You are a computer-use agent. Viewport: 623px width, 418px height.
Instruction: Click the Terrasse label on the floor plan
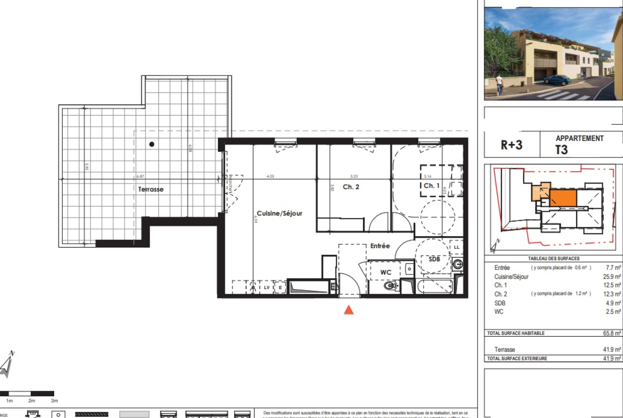(151, 189)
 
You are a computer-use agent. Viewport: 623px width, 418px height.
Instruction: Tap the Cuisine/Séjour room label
(279, 213)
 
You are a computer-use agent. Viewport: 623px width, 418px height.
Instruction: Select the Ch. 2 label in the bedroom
(351, 187)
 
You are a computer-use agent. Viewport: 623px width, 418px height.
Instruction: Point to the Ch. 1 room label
(431, 186)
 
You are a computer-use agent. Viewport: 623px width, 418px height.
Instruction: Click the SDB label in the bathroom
(434, 259)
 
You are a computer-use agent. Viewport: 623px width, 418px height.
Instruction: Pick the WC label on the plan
(385, 272)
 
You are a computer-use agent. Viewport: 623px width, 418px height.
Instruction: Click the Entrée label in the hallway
(380, 246)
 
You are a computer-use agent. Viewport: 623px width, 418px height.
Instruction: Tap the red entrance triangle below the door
(349, 310)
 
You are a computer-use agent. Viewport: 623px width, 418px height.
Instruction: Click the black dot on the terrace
(152, 144)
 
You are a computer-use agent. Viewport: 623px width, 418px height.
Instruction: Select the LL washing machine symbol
(457, 247)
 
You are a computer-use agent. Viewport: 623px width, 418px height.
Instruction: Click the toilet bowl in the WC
(389, 286)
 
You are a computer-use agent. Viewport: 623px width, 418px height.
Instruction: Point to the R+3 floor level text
(511, 145)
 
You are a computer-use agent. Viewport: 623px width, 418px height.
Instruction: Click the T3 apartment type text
(561, 150)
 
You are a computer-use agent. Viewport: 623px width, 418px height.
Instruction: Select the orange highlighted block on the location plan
(563, 198)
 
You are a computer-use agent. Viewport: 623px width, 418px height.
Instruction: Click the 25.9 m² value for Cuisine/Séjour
(612, 277)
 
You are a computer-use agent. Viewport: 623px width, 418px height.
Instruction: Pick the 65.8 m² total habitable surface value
(612, 333)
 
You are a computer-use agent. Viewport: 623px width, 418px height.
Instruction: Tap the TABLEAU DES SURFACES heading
(553, 259)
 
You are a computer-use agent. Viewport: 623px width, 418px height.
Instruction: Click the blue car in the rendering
(557, 80)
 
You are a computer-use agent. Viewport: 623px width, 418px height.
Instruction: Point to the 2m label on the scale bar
(32, 401)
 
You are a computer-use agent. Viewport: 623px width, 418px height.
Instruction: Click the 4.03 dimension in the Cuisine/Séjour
(270, 176)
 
